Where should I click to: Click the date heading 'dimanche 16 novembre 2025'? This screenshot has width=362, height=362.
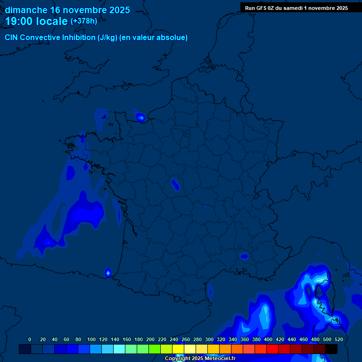click(x=67, y=10)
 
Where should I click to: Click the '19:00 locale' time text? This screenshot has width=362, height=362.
click(x=36, y=21)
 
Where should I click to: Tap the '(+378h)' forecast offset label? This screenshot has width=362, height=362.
click(x=83, y=21)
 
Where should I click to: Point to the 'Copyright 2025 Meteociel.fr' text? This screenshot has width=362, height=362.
click(x=200, y=358)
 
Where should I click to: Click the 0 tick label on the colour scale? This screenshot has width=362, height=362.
click(x=30, y=339)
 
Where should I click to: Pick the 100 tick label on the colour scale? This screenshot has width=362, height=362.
click(x=91, y=339)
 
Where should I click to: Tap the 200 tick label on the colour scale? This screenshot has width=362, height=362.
click(x=150, y=339)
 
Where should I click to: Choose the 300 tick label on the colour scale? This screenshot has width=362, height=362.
click(x=209, y=339)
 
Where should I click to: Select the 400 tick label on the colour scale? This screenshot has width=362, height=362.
click(x=268, y=339)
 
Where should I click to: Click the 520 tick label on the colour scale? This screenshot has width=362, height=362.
click(x=338, y=339)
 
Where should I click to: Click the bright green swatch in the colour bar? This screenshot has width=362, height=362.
click(x=155, y=349)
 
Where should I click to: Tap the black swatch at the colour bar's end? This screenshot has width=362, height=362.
click(x=331, y=349)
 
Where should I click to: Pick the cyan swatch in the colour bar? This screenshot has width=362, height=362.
click(x=119, y=349)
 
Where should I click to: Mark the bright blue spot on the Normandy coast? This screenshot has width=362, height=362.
click(x=140, y=117)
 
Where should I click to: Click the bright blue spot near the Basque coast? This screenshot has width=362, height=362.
click(x=107, y=272)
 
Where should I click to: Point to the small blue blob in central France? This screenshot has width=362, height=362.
click(x=175, y=184)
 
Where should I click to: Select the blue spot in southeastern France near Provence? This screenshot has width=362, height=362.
click(x=244, y=256)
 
